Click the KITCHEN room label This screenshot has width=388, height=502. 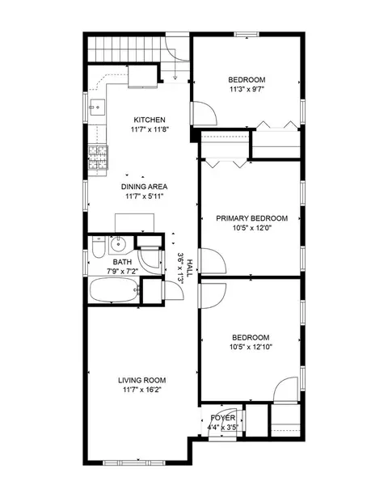coord(150,120)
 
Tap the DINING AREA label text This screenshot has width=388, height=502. coord(144,187)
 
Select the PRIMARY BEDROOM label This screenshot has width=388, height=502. coord(252,218)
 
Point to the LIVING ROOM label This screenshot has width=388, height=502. coord(142,381)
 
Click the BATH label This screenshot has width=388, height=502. coord(122,262)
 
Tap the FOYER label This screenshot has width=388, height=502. coord(223,418)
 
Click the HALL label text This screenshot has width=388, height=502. coord(189,268)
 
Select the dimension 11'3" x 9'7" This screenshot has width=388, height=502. coord(247,89)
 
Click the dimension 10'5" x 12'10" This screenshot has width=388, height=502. coord(251,347)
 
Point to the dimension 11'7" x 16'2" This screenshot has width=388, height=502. coord(142,390)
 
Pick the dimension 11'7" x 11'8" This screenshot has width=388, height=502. coord(150,129)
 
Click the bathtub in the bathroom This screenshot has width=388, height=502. coord(115,289)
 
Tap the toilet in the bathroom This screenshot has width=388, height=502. coord(99,247)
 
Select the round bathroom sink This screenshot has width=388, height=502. coord(119,245)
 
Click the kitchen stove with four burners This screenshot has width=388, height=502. coord(99,157)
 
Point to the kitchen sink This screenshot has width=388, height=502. coord(97,107)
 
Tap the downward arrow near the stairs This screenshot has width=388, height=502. coord(175,64)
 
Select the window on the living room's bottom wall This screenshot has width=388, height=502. coord(134,462)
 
